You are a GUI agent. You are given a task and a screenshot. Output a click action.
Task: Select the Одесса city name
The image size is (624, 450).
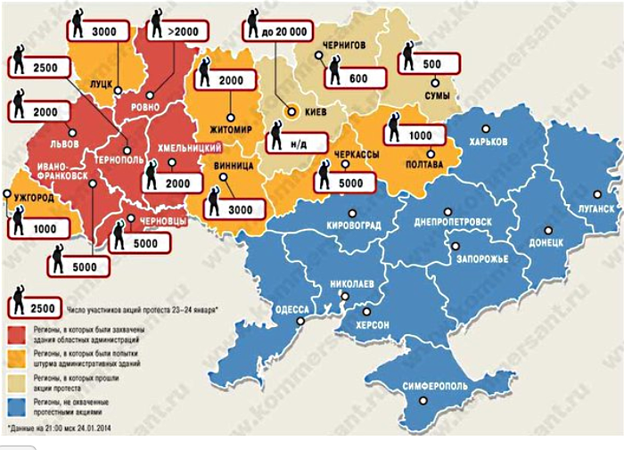[x=289, y=308]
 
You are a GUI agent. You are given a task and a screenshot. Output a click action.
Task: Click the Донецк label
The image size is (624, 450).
[x=543, y=241]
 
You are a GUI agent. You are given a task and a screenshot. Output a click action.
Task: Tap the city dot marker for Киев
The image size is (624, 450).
[x=291, y=112]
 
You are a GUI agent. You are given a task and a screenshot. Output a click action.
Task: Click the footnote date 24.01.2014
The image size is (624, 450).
[x=89, y=430]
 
